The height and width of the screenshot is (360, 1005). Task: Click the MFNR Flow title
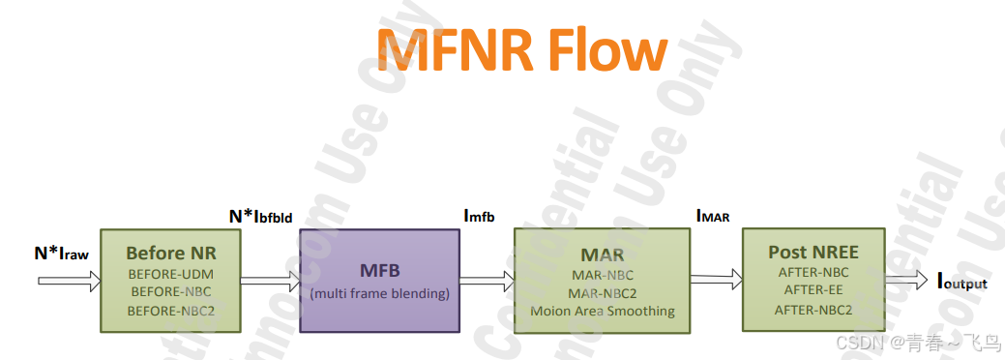[521, 47]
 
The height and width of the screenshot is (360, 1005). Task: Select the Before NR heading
[171, 254]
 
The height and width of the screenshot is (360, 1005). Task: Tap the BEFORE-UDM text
[171, 274]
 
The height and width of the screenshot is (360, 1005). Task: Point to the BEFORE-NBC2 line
[171, 311]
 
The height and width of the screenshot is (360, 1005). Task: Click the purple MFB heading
[379, 272]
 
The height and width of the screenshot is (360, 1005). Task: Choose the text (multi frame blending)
[379, 293]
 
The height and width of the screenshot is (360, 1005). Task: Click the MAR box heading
[602, 255]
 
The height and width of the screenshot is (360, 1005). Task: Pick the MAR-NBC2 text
[602, 293]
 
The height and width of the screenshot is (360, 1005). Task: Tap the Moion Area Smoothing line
[602, 312]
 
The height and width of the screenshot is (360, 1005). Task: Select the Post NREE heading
[813, 252]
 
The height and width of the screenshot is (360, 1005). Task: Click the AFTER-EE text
[813, 289]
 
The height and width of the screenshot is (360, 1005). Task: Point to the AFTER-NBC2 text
[813, 310]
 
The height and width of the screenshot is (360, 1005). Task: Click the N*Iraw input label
[61, 255]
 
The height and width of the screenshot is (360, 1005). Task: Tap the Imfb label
[480, 216]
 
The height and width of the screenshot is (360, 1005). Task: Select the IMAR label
[713, 216]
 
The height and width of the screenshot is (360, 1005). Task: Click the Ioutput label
[961, 282]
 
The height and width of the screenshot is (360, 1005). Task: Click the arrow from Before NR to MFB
[270, 281]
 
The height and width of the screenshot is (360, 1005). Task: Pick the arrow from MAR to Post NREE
[716, 281]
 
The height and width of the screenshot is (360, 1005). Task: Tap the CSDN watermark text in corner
[915, 343]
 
